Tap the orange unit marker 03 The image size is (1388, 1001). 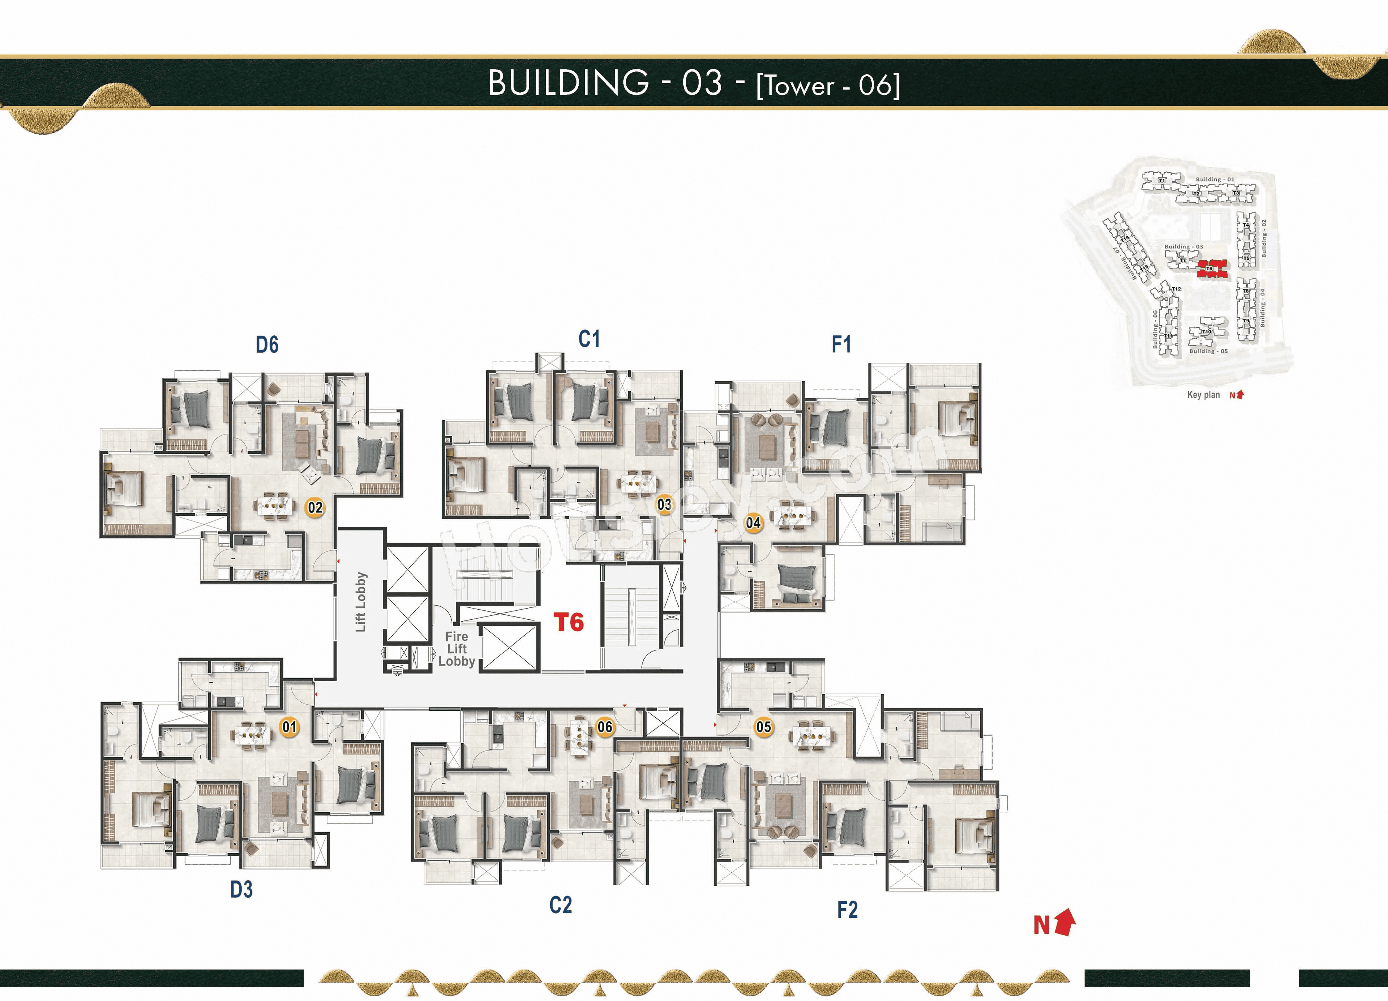(x=664, y=505)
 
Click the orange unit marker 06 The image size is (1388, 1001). (x=605, y=727)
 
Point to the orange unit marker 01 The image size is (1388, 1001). (x=290, y=727)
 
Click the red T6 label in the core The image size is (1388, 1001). (x=569, y=622)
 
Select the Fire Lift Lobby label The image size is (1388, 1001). (x=457, y=649)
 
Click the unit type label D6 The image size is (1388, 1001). (x=267, y=345)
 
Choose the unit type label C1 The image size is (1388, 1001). (x=589, y=339)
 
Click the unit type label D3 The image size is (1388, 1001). (x=241, y=889)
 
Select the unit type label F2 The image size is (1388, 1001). (x=847, y=910)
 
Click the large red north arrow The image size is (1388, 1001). (x=1065, y=922)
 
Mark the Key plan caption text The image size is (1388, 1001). (x=1203, y=395)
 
